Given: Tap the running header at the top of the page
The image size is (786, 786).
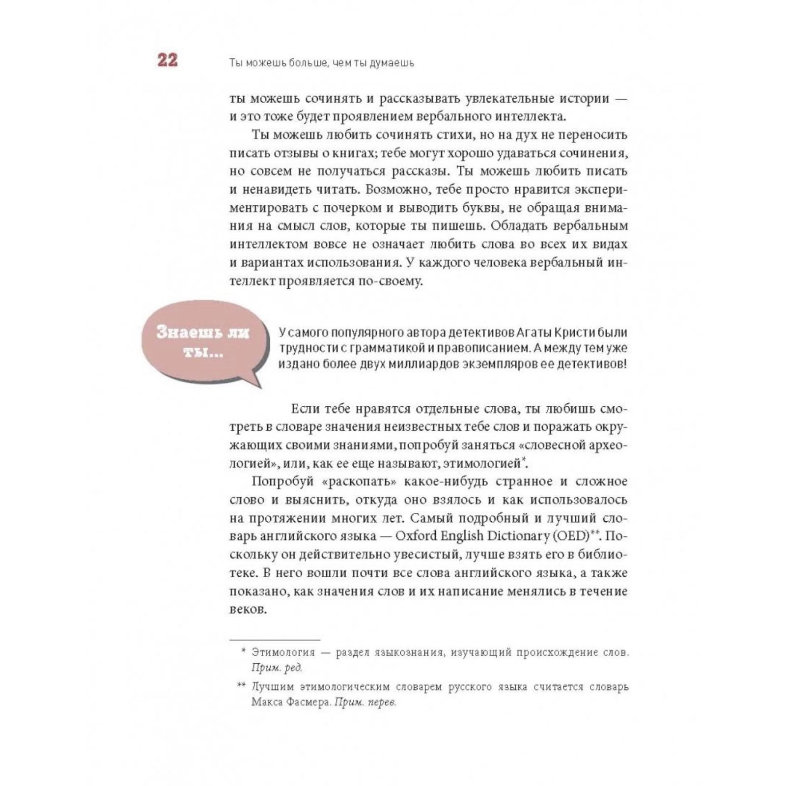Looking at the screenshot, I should point(322,63).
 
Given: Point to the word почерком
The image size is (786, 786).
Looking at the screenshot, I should point(351,208).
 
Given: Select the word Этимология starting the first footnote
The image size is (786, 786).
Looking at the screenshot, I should point(283,652).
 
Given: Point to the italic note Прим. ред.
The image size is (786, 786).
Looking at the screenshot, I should point(277,668).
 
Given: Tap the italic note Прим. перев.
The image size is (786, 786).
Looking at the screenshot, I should point(365,702).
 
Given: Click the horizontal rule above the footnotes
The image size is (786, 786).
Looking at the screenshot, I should point(275,640).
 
